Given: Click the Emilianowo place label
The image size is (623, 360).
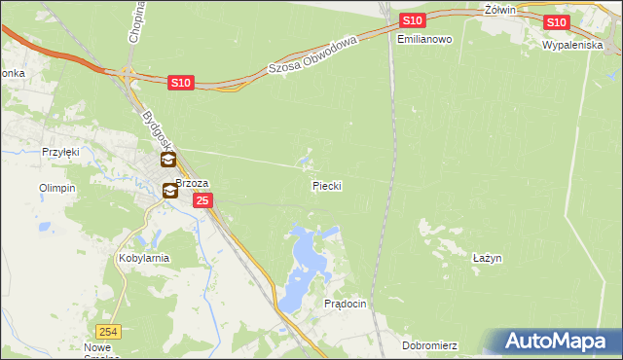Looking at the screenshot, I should [x=425, y=39].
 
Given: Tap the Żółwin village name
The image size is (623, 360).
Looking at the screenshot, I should [x=499, y=9].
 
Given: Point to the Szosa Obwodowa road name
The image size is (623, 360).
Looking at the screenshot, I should [x=313, y=54].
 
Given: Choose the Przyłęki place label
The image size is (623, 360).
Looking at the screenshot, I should [x=59, y=152].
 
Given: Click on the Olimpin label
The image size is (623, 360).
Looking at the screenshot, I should [x=56, y=188].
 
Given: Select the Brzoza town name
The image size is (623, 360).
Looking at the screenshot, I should [x=193, y=182].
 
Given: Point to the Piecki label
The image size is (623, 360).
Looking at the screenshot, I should [x=327, y=184].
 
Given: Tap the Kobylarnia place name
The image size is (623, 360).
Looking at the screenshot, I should [x=144, y=258].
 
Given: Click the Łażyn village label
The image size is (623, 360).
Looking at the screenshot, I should [x=487, y=258].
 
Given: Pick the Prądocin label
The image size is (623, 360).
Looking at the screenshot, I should [x=345, y=304].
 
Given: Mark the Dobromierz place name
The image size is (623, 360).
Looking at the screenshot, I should [x=429, y=345].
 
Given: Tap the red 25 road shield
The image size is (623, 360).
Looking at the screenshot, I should [x=202, y=200].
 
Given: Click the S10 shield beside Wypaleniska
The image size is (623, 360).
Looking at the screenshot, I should [x=556, y=22].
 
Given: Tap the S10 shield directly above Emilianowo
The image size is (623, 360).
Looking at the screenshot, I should [x=412, y=20].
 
